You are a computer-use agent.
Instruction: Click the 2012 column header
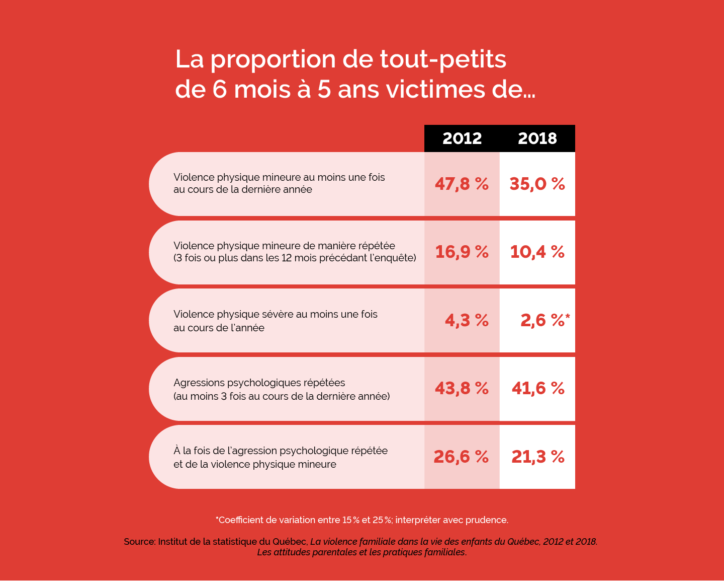462,138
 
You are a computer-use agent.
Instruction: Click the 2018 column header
537,138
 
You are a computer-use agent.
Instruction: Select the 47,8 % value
462,184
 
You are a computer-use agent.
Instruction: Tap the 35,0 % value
537,184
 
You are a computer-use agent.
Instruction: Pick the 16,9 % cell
462,252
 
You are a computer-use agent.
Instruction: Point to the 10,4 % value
537,252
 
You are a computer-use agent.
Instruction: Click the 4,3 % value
467,320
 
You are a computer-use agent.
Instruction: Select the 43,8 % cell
462,388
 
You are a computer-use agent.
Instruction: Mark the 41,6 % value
538,388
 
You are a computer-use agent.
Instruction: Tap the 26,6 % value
461,457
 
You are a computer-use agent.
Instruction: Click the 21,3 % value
538,457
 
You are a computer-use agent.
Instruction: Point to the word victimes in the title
428,90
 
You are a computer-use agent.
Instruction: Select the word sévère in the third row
278,315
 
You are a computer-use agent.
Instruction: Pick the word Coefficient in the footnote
240,520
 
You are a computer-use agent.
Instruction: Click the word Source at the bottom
139,542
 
